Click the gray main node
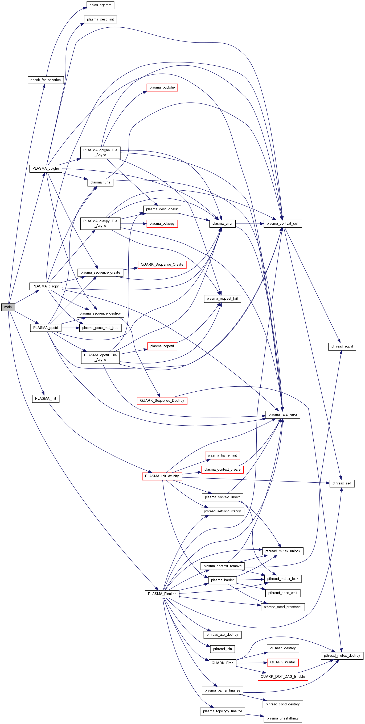(x=8, y=307)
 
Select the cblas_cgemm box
(x=100, y=5)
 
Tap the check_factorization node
(x=46, y=80)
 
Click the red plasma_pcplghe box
(x=162, y=87)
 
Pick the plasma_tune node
(x=100, y=182)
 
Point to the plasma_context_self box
(x=282, y=223)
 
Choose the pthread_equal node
(x=342, y=346)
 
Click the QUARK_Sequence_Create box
(x=162, y=265)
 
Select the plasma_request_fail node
(x=222, y=299)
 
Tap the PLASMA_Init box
(x=46, y=399)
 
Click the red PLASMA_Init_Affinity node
(x=162, y=476)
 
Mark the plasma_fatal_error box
(x=283, y=415)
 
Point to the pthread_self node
(x=342, y=483)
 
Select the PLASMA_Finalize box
(x=162, y=594)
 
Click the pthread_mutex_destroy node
(x=342, y=656)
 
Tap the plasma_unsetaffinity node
(x=282, y=718)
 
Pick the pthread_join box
(x=222, y=649)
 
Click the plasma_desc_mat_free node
(x=100, y=328)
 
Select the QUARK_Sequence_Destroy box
(x=162, y=400)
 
